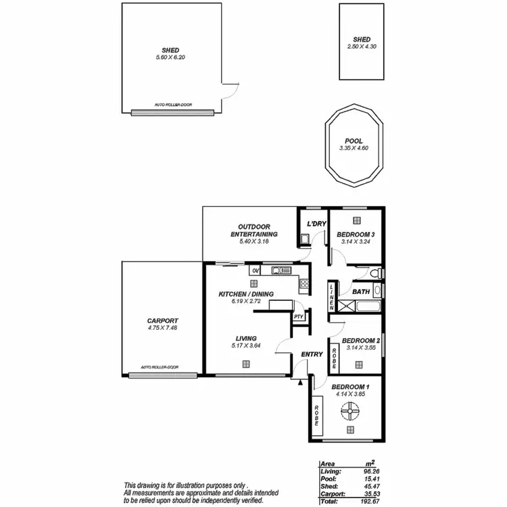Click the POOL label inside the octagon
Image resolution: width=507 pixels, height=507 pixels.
[354, 141]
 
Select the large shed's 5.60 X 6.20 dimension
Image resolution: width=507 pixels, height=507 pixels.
[170, 56]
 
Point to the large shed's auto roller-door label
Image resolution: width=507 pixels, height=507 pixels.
[170, 105]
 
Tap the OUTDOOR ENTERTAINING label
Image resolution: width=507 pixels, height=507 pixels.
[251, 230]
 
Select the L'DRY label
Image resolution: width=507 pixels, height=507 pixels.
[316, 224]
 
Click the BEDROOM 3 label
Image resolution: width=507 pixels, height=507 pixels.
[356, 234]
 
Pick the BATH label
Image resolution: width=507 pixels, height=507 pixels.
[361, 292]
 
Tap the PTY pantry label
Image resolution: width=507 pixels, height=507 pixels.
[298, 316]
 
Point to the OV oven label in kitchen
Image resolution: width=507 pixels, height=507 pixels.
[256, 271]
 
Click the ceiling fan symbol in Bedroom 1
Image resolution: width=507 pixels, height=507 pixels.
[350, 408]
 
